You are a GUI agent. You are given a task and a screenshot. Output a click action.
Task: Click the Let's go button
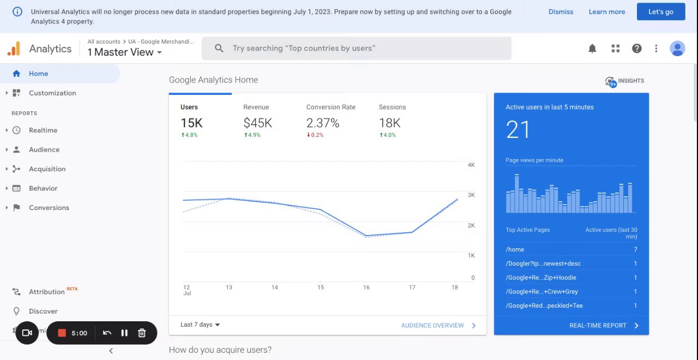[661, 11]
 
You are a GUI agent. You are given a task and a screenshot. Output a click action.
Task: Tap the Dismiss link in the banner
[561, 11]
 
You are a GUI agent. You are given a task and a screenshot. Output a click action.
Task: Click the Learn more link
[607, 11]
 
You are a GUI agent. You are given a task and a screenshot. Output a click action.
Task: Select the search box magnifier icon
[219, 49]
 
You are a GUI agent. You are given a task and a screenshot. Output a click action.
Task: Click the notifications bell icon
[592, 49]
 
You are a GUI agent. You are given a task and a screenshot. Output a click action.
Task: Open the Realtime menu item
[43, 130]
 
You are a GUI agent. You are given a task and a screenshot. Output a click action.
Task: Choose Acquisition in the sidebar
[47, 169]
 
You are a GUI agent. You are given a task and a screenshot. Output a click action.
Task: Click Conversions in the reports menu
[49, 208]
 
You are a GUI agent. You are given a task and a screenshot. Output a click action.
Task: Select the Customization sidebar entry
[52, 93]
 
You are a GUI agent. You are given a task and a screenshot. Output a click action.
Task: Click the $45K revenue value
[257, 123]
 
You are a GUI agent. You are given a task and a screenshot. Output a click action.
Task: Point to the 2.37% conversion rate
[323, 123]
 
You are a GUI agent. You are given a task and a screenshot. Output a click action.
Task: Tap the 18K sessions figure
[389, 123]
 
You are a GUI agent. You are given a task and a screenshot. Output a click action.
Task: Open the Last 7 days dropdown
[200, 325]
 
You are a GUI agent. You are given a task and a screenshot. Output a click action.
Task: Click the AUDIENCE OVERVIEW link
[432, 326]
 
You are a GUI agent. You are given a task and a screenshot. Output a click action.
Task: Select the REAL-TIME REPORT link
[598, 326]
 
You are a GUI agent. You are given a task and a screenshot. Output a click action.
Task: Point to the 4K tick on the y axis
[471, 165]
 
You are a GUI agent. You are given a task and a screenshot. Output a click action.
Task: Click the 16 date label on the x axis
[366, 287]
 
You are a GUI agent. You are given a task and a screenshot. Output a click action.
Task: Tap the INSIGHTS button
[625, 81]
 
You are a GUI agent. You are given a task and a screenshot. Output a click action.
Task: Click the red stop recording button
[62, 333]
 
